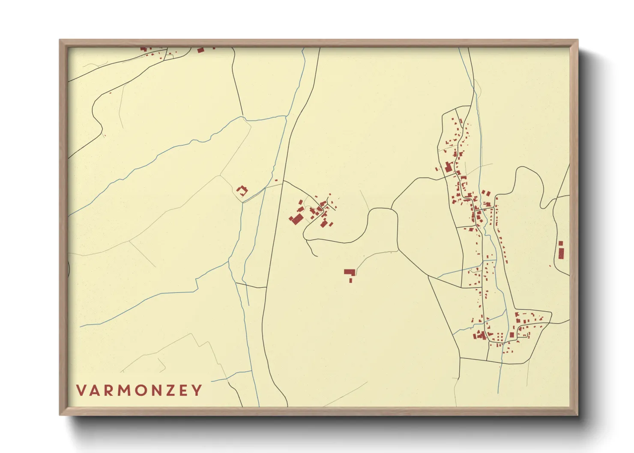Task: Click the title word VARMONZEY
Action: pos(139,390)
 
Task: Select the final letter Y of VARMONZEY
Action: pos(197,390)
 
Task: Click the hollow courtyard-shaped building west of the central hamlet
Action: pos(242,191)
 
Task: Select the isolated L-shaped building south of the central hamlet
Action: pos(350,272)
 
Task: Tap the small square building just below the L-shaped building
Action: pos(350,280)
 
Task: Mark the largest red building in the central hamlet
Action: pos(296,219)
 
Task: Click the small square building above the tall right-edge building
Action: pos(561,243)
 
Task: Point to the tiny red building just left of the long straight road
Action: pos(276,180)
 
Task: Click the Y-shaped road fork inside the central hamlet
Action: pos(322,204)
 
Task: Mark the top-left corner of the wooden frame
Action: pos(60,40)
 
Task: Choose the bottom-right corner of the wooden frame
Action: pos(577,414)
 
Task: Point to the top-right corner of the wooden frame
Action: pos(577,40)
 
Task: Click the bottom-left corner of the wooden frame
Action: pos(60,414)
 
